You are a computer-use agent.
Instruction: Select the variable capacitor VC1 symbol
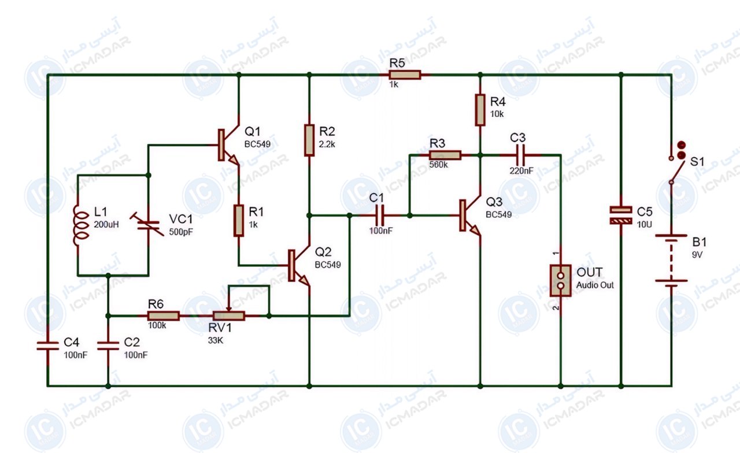pos(148,225)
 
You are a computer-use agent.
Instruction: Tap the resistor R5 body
pos(405,75)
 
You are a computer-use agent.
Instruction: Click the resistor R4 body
pos(480,110)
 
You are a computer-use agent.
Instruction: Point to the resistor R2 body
pos(309,140)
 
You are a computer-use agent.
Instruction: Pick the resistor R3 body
pos(445,155)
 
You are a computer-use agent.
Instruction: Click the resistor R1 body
pos(239,221)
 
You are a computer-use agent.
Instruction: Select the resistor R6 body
pos(164,316)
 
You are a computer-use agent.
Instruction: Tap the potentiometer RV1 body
pos(228,316)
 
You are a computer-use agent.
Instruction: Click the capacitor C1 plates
pos(380,216)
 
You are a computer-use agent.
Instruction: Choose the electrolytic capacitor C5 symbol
pos(621,216)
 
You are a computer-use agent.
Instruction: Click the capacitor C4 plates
pos(48,346)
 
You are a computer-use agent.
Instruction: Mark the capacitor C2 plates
pos(108,346)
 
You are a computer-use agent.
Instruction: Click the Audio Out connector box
pos(561,280)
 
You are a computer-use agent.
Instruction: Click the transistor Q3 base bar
pos(462,216)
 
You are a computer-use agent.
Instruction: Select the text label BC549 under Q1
pos(257,144)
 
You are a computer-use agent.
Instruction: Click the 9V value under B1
pos(697,255)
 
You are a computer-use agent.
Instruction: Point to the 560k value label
pos(438,165)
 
